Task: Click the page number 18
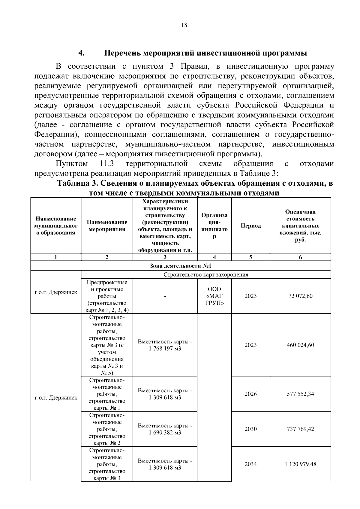coord(184,25)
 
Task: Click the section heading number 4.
coord(81,53)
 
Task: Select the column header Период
coord(250,226)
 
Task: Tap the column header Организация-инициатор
coord(214,226)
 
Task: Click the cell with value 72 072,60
coord(300,296)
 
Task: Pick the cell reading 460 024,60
coord(300,345)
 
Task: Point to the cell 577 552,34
coord(300,394)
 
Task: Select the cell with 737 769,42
coord(300,429)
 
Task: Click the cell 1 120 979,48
coord(300,464)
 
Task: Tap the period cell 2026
coord(250,394)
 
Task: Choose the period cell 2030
coord(250,429)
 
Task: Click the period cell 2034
coord(250,464)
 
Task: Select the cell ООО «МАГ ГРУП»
coord(214,296)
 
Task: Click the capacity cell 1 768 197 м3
coord(165,345)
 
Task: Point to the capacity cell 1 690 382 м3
coord(165,429)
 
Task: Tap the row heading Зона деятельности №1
coord(181,266)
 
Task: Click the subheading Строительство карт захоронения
coord(206,275)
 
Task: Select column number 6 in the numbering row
coord(300,257)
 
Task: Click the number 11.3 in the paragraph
coord(106,164)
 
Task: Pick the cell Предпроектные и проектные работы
coord(107,296)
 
